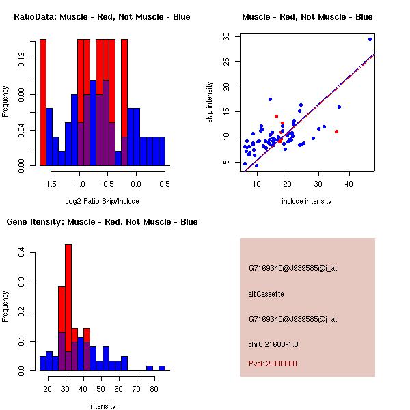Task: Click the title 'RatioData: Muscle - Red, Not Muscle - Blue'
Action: coord(102,16)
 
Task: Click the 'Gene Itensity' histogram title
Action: coord(102,222)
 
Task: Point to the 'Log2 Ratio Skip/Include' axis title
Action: coord(102,200)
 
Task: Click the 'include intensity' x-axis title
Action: coord(307,200)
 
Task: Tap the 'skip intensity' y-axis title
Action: coord(210,102)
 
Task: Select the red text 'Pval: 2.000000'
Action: coord(273,364)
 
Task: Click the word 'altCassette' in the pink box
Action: coord(266,294)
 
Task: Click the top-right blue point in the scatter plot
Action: coord(370,39)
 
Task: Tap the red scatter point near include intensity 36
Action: coord(336,131)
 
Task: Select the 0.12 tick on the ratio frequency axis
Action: coord(23,61)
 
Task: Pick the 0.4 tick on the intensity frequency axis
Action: coord(23,254)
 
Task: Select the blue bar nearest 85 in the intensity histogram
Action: coord(162,368)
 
